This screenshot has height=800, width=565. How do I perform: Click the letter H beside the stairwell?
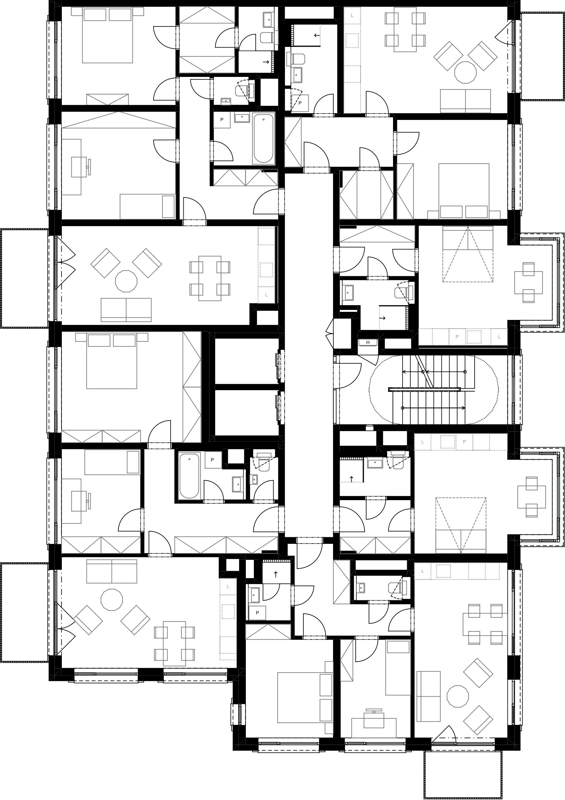[x=368, y=342]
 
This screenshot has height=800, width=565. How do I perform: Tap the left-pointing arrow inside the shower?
[x=317, y=35]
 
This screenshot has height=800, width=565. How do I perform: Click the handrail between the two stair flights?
[x=424, y=389]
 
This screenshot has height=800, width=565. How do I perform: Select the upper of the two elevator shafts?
[x=246, y=361]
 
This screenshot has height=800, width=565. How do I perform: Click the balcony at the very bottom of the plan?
[x=463, y=768]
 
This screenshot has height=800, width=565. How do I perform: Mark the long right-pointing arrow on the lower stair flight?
[x=434, y=408]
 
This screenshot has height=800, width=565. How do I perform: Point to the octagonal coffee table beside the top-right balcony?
[x=465, y=72]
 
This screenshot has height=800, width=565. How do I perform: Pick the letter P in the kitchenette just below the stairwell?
[x=464, y=442]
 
